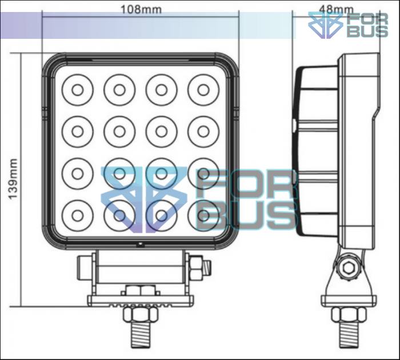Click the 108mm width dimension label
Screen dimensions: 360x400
[140, 9]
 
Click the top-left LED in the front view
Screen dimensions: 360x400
[77, 89]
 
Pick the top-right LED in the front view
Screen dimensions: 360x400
[203, 89]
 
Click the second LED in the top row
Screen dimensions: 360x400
[119, 89]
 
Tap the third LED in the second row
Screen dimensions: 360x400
[161, 131]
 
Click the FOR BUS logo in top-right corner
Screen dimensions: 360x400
[349, 25]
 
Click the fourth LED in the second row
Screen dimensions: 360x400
[203, 131]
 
